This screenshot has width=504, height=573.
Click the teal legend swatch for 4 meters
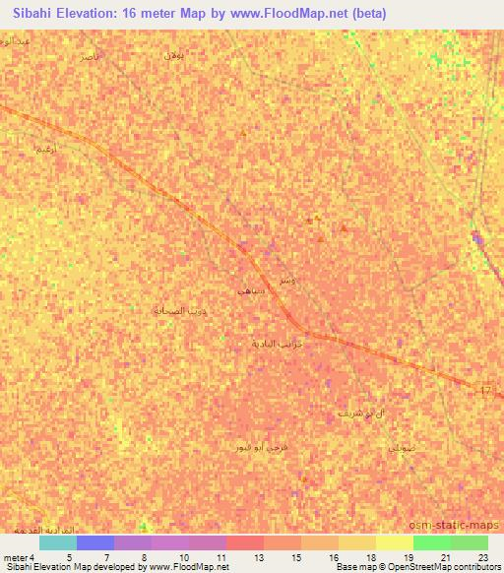(57, 542)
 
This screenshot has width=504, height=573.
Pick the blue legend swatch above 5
(94, 542)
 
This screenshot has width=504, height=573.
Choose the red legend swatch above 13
(244, 542)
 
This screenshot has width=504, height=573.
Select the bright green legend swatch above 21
(431, 542)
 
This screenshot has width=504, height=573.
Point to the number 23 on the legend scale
(483, 557)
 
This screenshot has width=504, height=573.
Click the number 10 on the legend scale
(183, 557)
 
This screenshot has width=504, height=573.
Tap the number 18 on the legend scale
(370, 557)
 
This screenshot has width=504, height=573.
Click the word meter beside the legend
(14, 557)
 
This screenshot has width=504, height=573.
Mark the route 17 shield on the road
(484, 392)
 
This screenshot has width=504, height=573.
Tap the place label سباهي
(249, 291)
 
